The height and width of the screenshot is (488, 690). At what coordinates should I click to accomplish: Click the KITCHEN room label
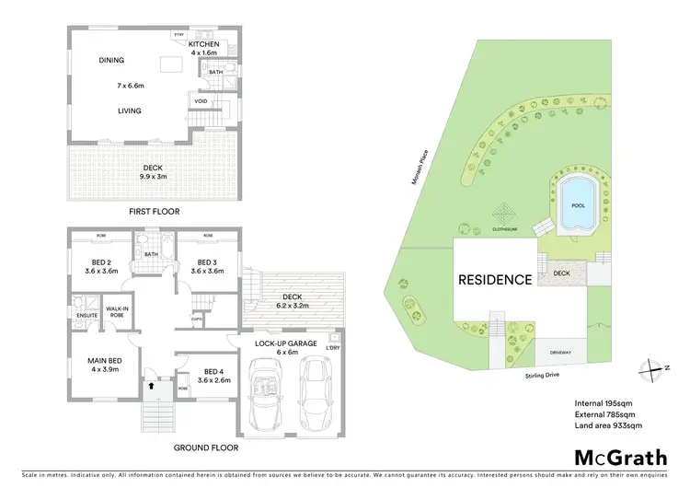pos(204,44)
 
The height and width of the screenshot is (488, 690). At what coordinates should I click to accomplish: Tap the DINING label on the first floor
pos(112,61)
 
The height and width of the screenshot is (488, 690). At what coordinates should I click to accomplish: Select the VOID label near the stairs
pos(201,101)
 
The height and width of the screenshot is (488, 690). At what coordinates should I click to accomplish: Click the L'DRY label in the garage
pos(334,347)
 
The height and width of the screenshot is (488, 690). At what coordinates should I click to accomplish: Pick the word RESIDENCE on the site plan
pos(495,279)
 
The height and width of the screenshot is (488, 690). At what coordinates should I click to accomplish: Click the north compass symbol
pos(654,366)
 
